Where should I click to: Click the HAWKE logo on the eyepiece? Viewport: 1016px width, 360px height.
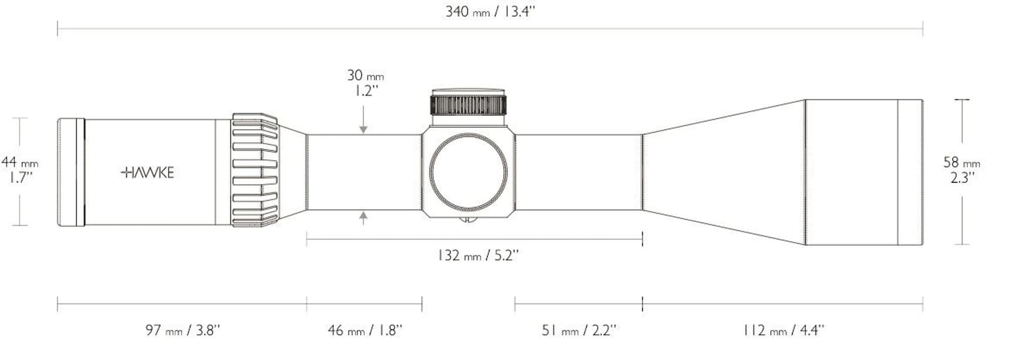(147, 173)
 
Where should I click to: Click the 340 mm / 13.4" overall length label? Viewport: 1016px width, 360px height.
(490, 12)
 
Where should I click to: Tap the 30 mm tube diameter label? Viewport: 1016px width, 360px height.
(365, 76)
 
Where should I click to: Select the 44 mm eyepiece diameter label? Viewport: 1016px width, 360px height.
(19, 162)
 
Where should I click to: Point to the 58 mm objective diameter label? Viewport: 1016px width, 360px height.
(961, 162)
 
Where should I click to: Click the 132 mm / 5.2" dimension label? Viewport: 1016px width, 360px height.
(478, 255)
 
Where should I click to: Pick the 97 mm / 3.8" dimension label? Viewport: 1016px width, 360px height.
(183, 331)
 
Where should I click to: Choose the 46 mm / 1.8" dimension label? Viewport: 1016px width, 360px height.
(365, 331)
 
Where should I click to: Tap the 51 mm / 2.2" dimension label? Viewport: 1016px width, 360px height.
(578, 331)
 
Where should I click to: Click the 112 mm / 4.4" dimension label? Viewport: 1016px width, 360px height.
(783, 331)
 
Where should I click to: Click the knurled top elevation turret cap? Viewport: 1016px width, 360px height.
(469, 104)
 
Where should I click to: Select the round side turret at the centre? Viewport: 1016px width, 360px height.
(468, 171)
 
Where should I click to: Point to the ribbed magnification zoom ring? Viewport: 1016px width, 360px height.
(255, 170)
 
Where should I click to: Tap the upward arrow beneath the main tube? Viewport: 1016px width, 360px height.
(364, 218)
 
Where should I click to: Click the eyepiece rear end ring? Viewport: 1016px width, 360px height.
(71, 172)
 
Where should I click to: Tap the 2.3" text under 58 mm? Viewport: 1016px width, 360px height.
(961, 177)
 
